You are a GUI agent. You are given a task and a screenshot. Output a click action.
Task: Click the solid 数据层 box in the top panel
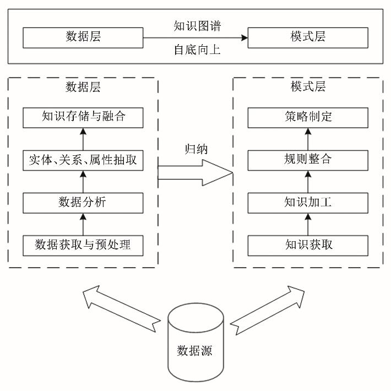pyautogui.click(x=83, y=37)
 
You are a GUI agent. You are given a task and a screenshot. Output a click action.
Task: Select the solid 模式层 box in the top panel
pyautogui.click(x=308, y=37)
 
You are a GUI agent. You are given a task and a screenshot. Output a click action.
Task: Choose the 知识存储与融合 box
pyautogui.click(x=83, y=117)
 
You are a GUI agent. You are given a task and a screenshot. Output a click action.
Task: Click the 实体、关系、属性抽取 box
pyautogui.click(x=83, y=160)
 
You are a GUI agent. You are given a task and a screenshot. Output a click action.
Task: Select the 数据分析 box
pyautogui.click(x=83, y=202)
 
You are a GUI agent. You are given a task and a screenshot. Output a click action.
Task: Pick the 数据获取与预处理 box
pyautogui.click(x=83, y=245)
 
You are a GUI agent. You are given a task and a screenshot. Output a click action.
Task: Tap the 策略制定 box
pyautogui.click(x=308, y=117)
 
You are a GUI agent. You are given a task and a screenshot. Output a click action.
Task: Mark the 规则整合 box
pyautogui.click(x=308, y=160)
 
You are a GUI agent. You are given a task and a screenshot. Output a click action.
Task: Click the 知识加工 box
pyautogui.click(x=308, y=202)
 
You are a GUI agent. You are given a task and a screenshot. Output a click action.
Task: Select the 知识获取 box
pyautogui.click(x=308, y=245)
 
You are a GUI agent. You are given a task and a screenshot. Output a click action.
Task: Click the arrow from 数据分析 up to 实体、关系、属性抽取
pyautogui.click(x=83, y=181)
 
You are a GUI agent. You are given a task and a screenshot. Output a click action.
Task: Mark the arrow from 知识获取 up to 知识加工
pyautogui.click(x=308, y=224)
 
